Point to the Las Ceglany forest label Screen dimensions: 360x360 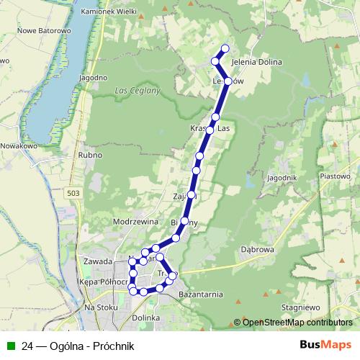(x=135, y=91)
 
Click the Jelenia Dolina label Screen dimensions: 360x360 (x=256, y=63)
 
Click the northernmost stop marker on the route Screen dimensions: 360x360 (x=225, y=48)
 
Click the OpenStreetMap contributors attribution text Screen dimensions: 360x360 (x=297, y=323)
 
